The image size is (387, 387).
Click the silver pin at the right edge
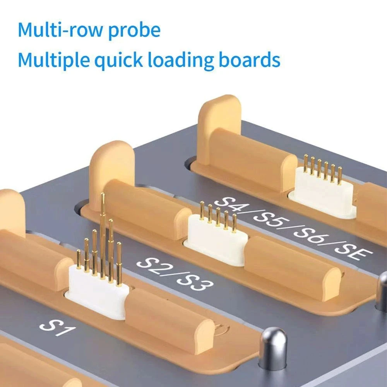pyautogui.click(x=382, y=291)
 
